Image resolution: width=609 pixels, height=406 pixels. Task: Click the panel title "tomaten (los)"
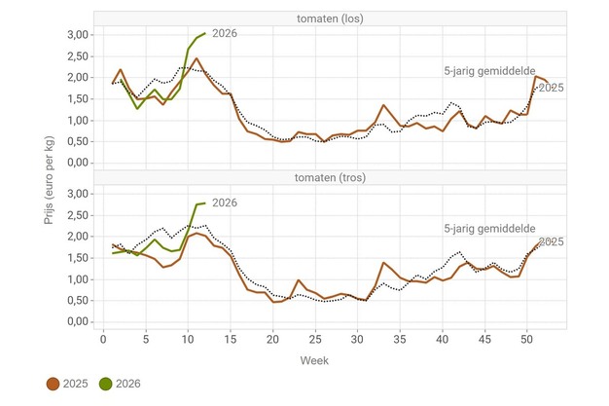tap(331, 18)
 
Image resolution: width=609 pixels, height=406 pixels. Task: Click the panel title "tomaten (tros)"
tap(331, 177)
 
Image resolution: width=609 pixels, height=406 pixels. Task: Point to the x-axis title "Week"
tap(313, 359)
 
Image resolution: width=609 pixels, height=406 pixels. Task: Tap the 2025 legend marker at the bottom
tap(54, 384)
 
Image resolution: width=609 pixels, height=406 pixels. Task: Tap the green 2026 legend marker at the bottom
tap(106, 384)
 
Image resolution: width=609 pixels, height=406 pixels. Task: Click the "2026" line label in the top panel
tap(224, 34)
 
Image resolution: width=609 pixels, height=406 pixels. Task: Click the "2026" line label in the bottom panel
tap(225, 203)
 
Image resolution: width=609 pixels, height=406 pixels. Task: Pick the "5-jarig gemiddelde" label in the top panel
tap(486, 71)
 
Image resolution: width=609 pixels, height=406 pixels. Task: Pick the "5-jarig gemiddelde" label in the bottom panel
tap(486, 228)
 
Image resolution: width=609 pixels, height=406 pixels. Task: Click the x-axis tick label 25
tap(314, 339)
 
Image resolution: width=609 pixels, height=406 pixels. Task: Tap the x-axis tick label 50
tap(526, 339)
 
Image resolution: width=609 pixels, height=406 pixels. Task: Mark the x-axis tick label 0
tap(104, 339)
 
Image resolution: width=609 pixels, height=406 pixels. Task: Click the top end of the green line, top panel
tap(204, 33)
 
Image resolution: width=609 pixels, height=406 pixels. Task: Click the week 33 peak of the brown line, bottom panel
tap(383, 263)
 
